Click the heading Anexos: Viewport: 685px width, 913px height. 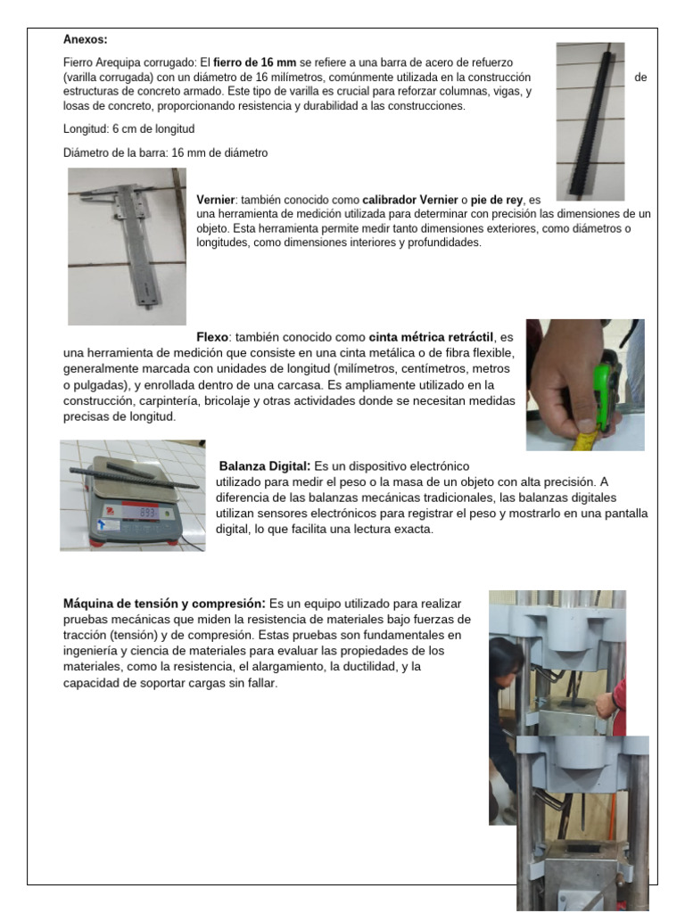[86, 39]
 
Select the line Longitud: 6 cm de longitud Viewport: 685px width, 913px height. [128, 129]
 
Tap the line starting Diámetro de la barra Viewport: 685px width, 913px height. [165, 153]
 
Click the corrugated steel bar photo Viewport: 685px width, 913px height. [589, 119]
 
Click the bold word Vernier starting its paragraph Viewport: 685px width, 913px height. [215, 200]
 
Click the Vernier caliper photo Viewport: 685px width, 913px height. [127, 246]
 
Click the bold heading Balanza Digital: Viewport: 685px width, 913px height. [265, 466]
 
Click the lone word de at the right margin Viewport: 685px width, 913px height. [640, 78]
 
